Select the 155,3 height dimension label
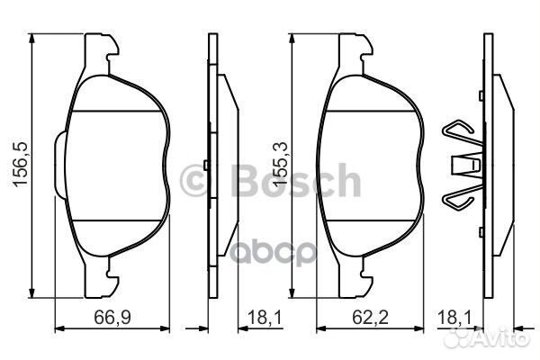[x=279, y=165]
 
